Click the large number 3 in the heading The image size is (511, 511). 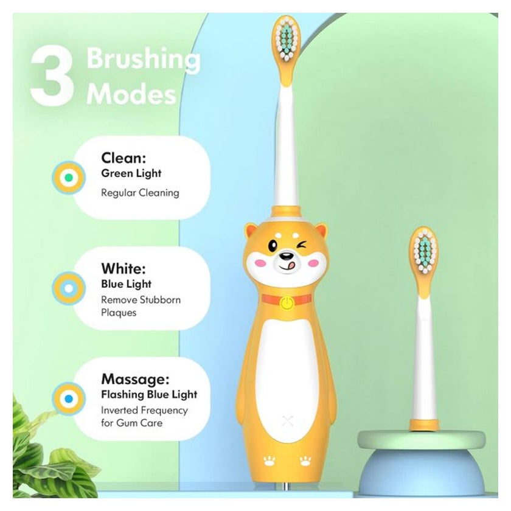[52, 77]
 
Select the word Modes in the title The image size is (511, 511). [131, 94]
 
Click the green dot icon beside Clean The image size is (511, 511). [69, 178]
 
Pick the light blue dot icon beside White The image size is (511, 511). [69, 288]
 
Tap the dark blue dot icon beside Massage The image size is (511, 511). [69, 398]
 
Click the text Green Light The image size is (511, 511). [131, 173]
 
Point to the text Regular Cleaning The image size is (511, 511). [140, 193]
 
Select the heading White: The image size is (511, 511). [123, 268]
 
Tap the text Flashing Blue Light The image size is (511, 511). [149, 394]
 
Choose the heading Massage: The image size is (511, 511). [135, 379]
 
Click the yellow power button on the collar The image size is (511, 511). [287, 303]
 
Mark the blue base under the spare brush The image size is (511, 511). [422, 471]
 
